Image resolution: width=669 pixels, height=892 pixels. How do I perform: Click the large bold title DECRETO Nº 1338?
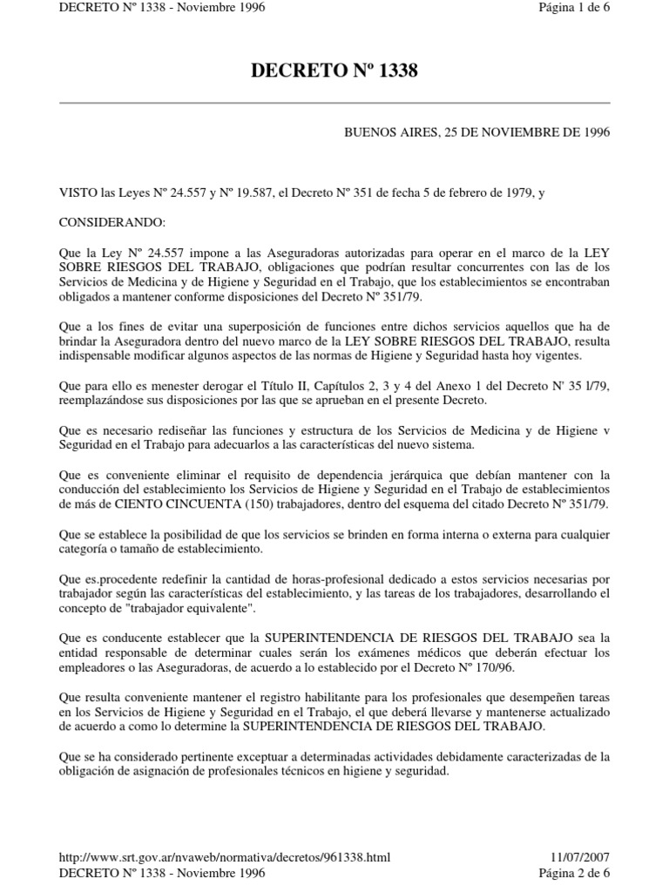coord(334,71)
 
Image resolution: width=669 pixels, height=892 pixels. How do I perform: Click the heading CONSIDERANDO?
coord(105,221)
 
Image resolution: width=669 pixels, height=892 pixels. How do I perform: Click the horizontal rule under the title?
coord(334,103)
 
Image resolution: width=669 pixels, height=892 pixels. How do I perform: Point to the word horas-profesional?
coord(344,579)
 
